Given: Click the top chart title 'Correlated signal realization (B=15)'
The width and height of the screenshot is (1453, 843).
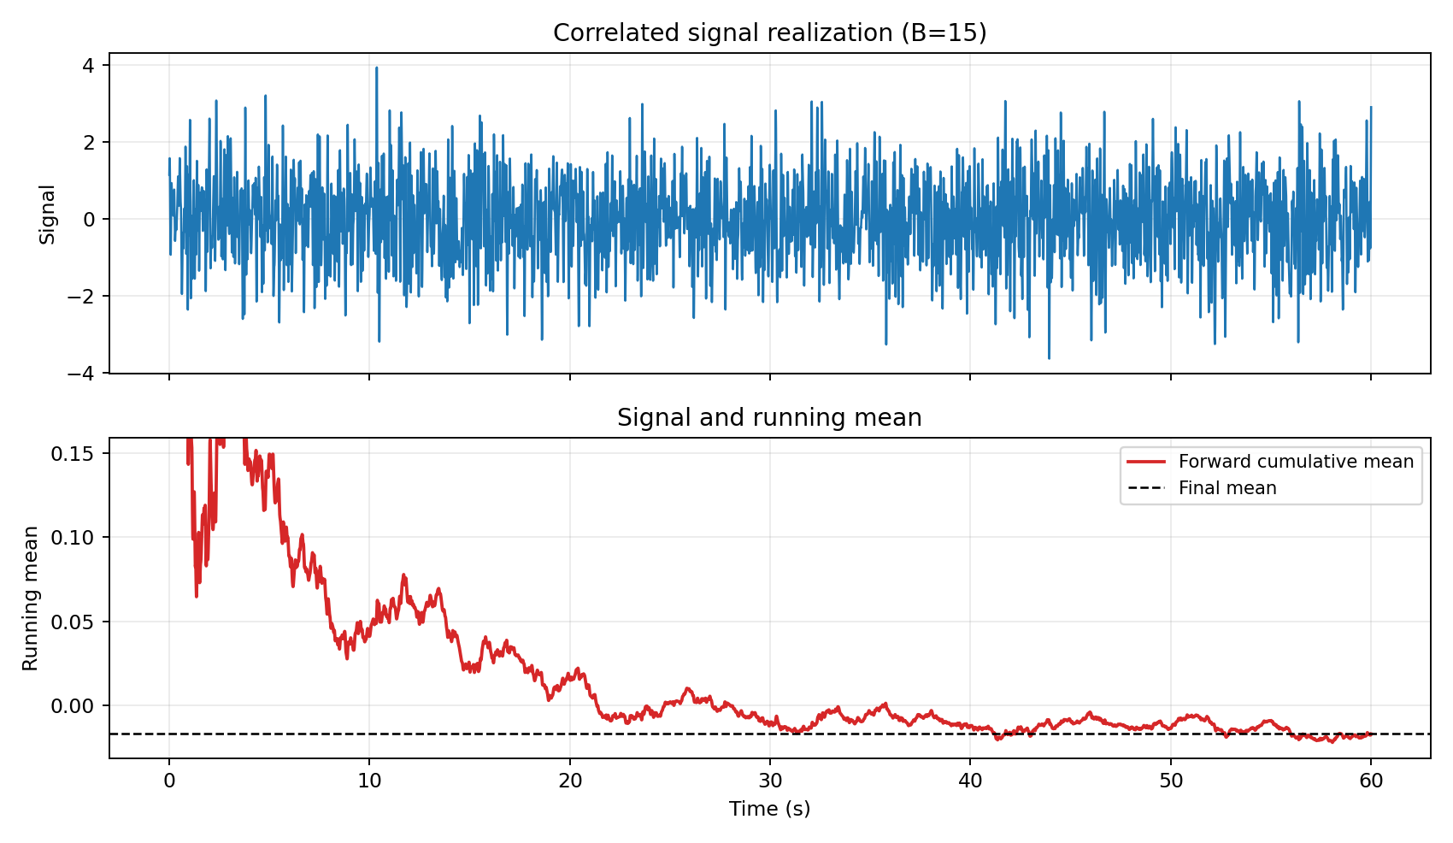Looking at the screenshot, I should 769,33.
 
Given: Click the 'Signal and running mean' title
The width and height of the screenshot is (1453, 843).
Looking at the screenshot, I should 769,418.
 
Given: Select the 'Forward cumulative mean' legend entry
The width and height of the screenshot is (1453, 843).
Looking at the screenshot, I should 1296,462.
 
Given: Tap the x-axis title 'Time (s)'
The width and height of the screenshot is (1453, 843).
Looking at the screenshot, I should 769,809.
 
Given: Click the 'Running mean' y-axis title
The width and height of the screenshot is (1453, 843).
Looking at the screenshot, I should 31,598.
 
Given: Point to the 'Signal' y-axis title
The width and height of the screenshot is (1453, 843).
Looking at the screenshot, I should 48,214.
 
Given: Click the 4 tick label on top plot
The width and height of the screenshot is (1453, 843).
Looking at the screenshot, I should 90,65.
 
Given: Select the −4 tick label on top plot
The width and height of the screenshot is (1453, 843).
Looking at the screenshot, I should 84,374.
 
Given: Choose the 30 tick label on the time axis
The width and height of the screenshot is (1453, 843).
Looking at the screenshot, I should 769,780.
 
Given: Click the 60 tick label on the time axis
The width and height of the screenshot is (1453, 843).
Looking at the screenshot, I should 1370,780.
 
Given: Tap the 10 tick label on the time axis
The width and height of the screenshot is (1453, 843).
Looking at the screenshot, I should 369,780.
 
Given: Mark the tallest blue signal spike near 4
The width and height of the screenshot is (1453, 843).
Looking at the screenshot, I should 376,68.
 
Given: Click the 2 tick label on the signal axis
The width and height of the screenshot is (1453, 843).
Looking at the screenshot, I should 90,142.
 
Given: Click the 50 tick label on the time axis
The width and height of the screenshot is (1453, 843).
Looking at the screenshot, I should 1170,780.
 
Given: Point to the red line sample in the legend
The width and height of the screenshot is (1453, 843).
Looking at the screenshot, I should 1146,462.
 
